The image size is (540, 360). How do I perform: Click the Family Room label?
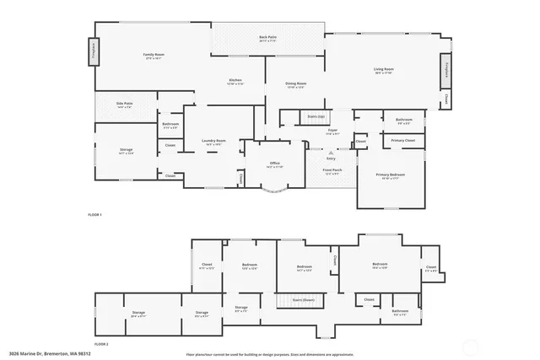(153, 56)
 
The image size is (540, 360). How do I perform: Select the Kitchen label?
(235, 81)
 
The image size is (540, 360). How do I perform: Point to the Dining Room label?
(295, 84)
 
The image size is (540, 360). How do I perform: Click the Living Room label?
(384, 70)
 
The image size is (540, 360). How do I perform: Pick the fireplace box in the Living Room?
(443, 71)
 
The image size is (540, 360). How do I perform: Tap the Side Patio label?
(124, 105)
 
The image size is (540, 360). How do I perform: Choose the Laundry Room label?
(213, 142)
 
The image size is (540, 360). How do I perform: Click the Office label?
(274, 164)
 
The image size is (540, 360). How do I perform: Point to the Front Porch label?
(332, 171)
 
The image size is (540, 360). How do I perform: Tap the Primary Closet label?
(402, 141)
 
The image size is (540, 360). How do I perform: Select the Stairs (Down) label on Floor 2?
(303, 299)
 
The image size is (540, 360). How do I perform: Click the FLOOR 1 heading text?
(94, 215)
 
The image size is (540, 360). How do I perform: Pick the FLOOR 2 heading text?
(101, 344)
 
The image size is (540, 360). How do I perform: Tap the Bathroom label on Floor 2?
(400, 312)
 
